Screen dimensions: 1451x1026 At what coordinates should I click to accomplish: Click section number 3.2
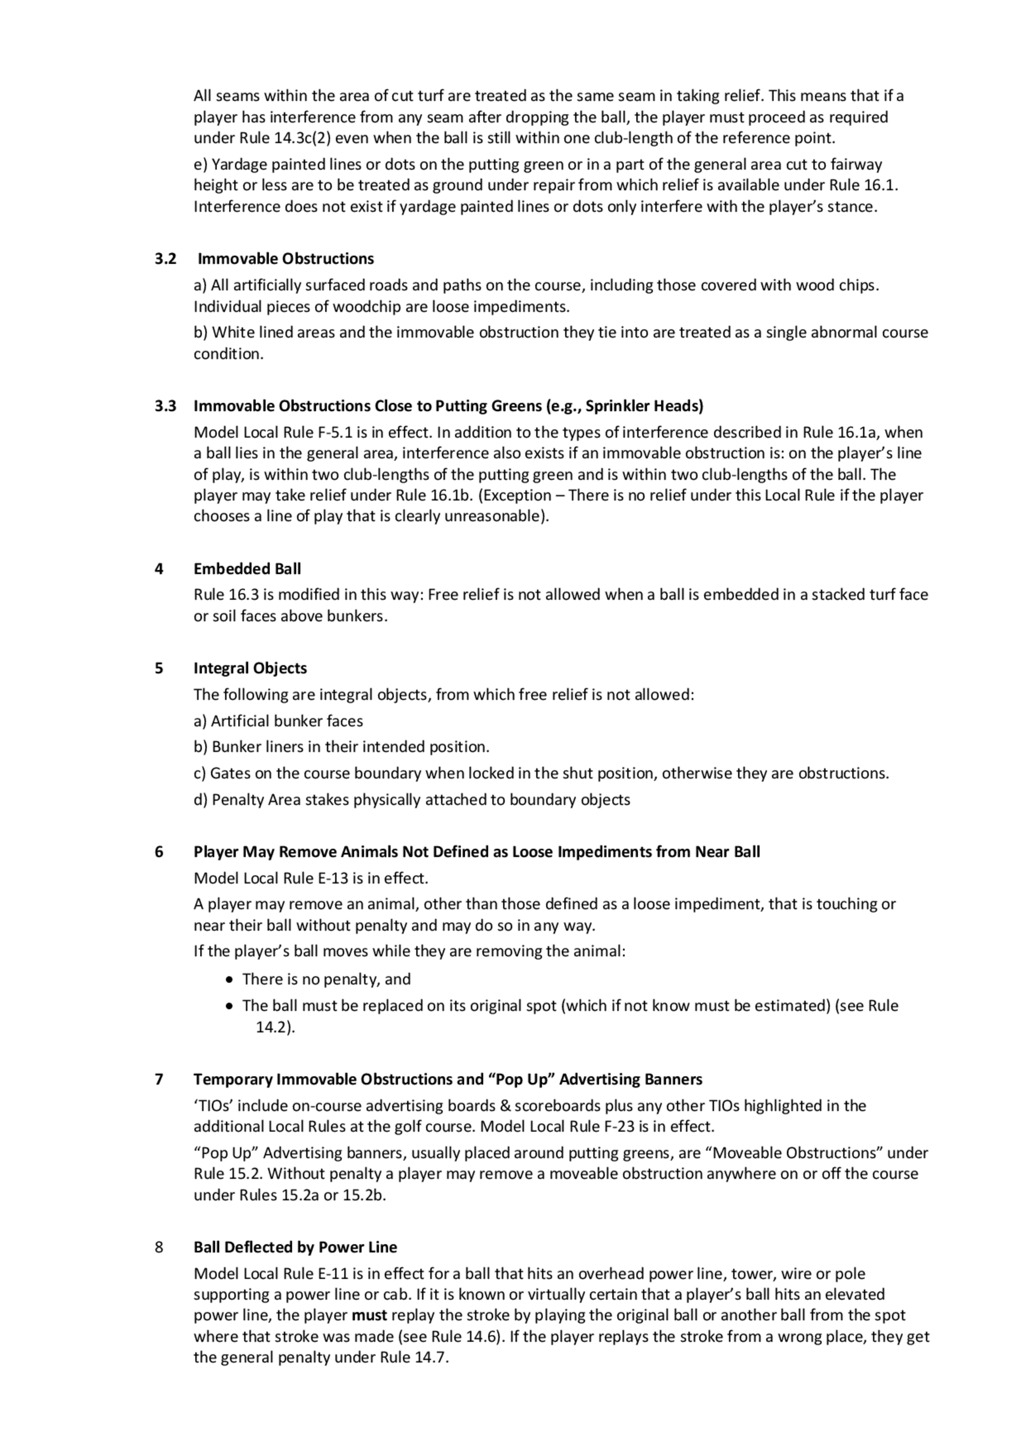pos(165,259)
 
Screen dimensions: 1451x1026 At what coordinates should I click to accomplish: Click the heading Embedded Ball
pos(247,569)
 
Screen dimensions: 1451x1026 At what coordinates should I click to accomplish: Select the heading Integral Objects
pos(250,668)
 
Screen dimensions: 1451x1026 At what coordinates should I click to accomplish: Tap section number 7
pos(159,1079)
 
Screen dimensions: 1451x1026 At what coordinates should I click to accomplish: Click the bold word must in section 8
pos(369,1315)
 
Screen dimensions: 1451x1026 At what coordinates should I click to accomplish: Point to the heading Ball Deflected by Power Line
pos(295,1247)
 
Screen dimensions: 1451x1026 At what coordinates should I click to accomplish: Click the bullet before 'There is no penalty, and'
pos(229,980)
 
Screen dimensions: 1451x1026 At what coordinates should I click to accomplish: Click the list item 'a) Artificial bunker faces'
pos(278,721)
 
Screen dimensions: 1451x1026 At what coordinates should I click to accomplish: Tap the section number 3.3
pos(165,406)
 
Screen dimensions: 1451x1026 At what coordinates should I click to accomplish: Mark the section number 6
pos(159,852)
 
